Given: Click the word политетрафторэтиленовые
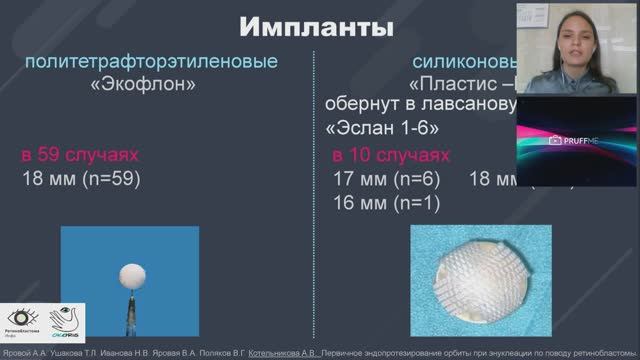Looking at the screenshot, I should (150, 63).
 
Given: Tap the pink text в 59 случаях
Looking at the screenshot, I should (79, 157).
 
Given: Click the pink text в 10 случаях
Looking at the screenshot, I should (391, 157).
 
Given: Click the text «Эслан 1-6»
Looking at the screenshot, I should (381, 129).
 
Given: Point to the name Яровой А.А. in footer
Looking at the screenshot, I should (23, 353).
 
